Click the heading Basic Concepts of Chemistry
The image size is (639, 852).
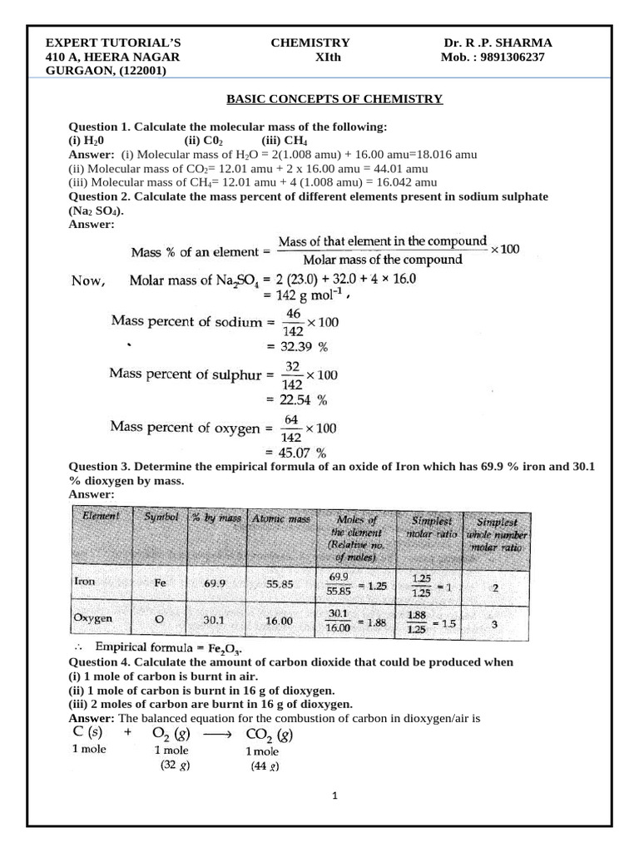pyautogui.click(x=335, y=99)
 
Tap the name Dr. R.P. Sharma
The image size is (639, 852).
pyautogui.click(x=498, y=43)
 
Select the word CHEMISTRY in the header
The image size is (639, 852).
pyautogui.click(x=310, y=43)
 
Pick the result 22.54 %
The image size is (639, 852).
pyautogui.click(x=296, y=399)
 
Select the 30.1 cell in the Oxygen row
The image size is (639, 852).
pyautogui.click(x=215, y=620)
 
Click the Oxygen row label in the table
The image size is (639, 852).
pyautogui.click(x=93, y=619)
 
